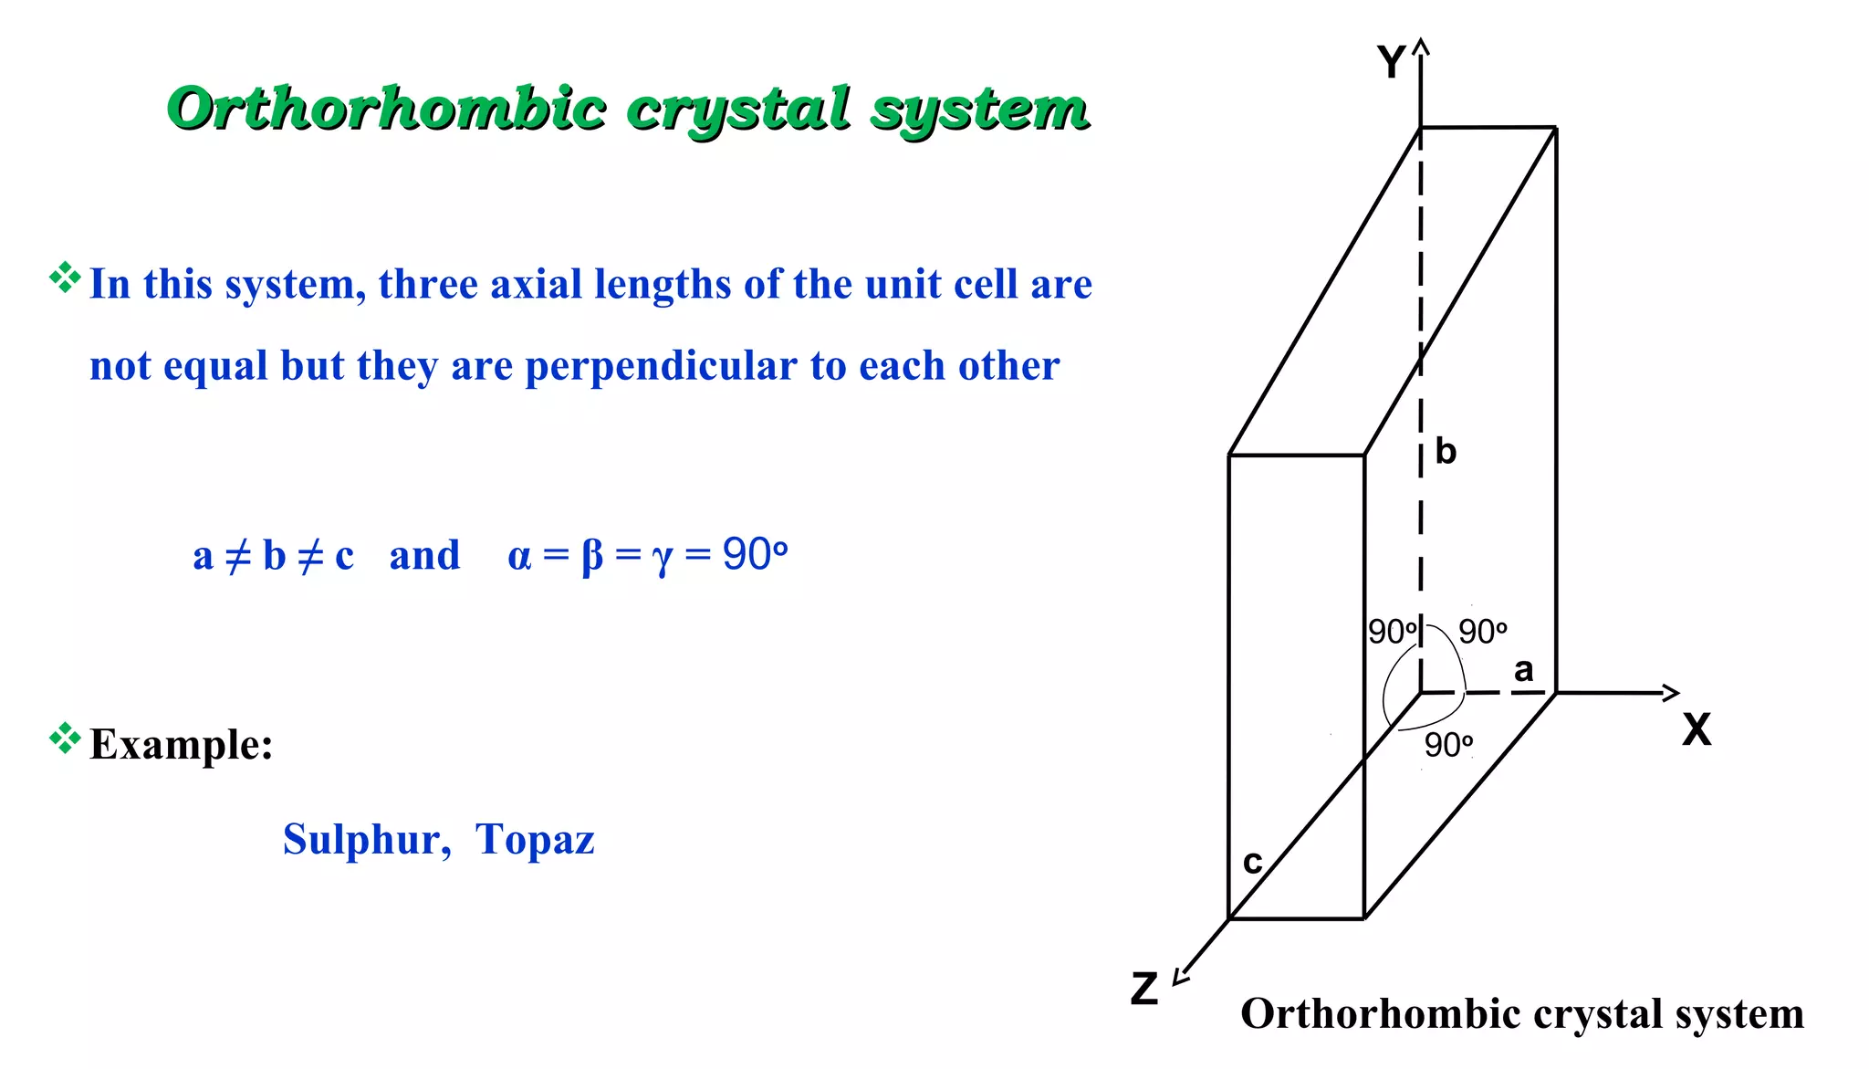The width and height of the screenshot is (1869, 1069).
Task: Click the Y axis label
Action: point(1391,63)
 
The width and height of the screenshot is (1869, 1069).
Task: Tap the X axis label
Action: point(1697,730)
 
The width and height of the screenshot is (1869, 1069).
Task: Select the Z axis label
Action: point(1143,989)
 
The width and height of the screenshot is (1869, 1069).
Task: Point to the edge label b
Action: point(1446,452)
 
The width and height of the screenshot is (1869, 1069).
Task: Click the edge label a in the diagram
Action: point(1523,670)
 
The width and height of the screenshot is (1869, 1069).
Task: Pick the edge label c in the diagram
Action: point(1252,862)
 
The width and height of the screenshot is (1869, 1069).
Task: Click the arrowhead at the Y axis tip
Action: point(1421,46)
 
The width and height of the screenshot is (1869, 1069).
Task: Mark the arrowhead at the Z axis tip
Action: point(1180,977)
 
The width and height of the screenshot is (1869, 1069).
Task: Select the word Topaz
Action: point(535,839)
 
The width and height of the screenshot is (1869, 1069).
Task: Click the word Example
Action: point(181,744)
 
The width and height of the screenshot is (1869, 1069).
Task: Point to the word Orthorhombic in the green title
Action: point(387,109)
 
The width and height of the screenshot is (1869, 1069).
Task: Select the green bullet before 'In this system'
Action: point(65,278)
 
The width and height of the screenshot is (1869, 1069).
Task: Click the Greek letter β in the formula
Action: point(591,556)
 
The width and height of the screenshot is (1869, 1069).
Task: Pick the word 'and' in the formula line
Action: point(424,555)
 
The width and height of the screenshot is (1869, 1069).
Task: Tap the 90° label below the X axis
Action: point(1448,745)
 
